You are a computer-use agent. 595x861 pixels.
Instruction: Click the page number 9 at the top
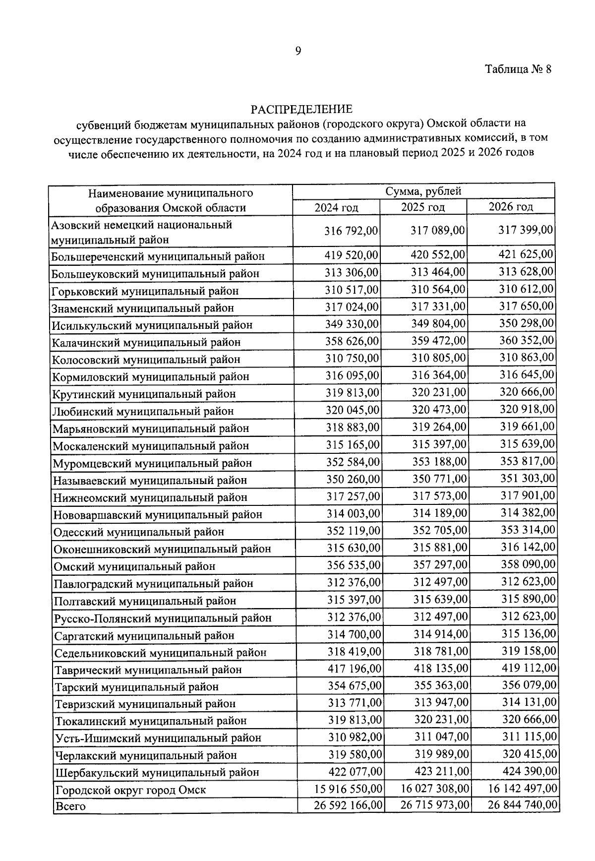298,51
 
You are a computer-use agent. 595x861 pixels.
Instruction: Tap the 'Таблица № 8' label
518,69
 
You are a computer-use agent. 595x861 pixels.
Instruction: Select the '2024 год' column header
336,207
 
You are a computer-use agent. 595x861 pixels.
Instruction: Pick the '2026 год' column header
511,206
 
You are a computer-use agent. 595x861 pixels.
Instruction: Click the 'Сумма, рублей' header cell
423,191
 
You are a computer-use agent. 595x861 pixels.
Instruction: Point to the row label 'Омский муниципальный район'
135,566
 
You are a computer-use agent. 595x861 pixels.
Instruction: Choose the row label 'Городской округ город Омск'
130,790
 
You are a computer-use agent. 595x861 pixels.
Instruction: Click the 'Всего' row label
70,806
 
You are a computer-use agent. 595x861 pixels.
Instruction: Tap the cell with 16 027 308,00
435,788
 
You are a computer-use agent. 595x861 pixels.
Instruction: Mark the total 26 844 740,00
523,804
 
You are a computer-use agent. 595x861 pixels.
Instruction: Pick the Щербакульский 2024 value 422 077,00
355,771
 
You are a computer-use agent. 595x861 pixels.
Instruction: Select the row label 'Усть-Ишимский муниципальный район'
158,738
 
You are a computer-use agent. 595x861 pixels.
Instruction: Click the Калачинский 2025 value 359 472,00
439,341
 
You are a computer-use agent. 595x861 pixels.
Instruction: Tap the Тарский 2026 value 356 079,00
529,685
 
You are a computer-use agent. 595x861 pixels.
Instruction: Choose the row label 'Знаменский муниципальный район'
143,308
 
